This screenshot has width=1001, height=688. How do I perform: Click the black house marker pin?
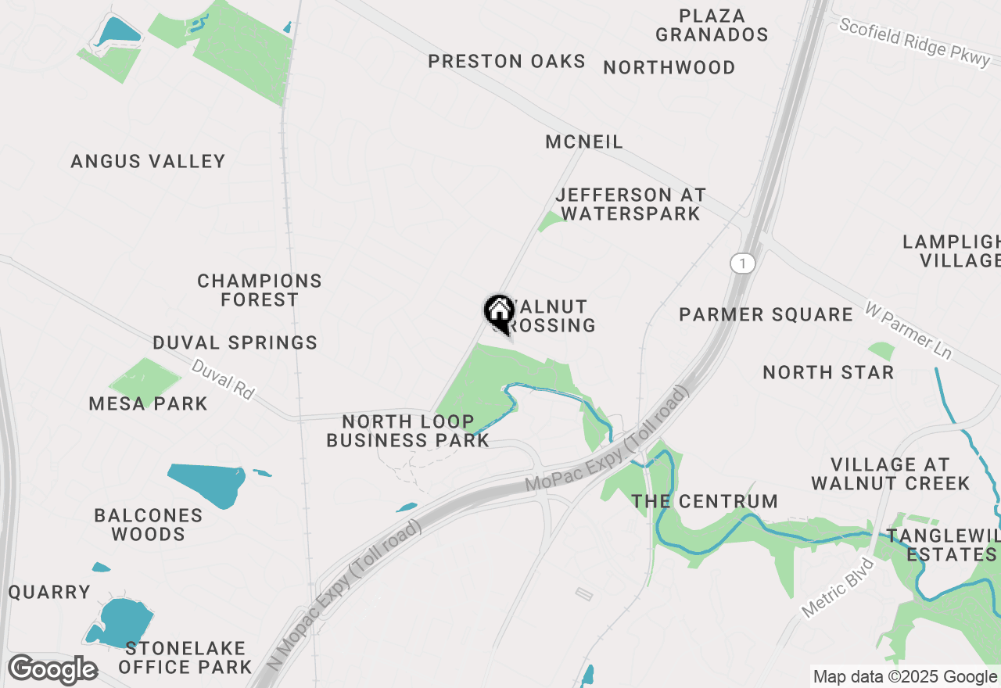(x=499, y=313)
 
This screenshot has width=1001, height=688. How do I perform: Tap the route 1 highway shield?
(x=742, y=263)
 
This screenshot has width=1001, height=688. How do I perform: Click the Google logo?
(x=52, y=669)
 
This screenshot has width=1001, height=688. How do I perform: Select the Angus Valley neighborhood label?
(x=148, y=162)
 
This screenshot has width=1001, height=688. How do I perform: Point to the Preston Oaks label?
(x=507, y=62)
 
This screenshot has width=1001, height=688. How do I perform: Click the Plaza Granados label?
(x=712, y=26)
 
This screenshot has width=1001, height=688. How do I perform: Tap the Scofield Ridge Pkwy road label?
(x=914, y=43)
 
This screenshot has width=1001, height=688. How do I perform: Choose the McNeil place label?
(x=584, y=142)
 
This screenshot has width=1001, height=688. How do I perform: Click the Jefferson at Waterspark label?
(x=630, y=204)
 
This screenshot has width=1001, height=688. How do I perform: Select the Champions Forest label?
(x=259, y=290)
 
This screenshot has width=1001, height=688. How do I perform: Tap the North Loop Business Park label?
(x=407, y=432)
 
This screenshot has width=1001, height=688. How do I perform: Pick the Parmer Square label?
(x=766, y=315)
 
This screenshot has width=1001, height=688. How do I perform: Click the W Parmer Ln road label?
(x=909, y=331)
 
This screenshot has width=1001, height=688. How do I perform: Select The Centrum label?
(x=705, y=502)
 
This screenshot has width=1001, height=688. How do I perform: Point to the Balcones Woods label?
(x=148, y=525)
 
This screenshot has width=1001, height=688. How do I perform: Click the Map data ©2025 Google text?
(x=906, y=677)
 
